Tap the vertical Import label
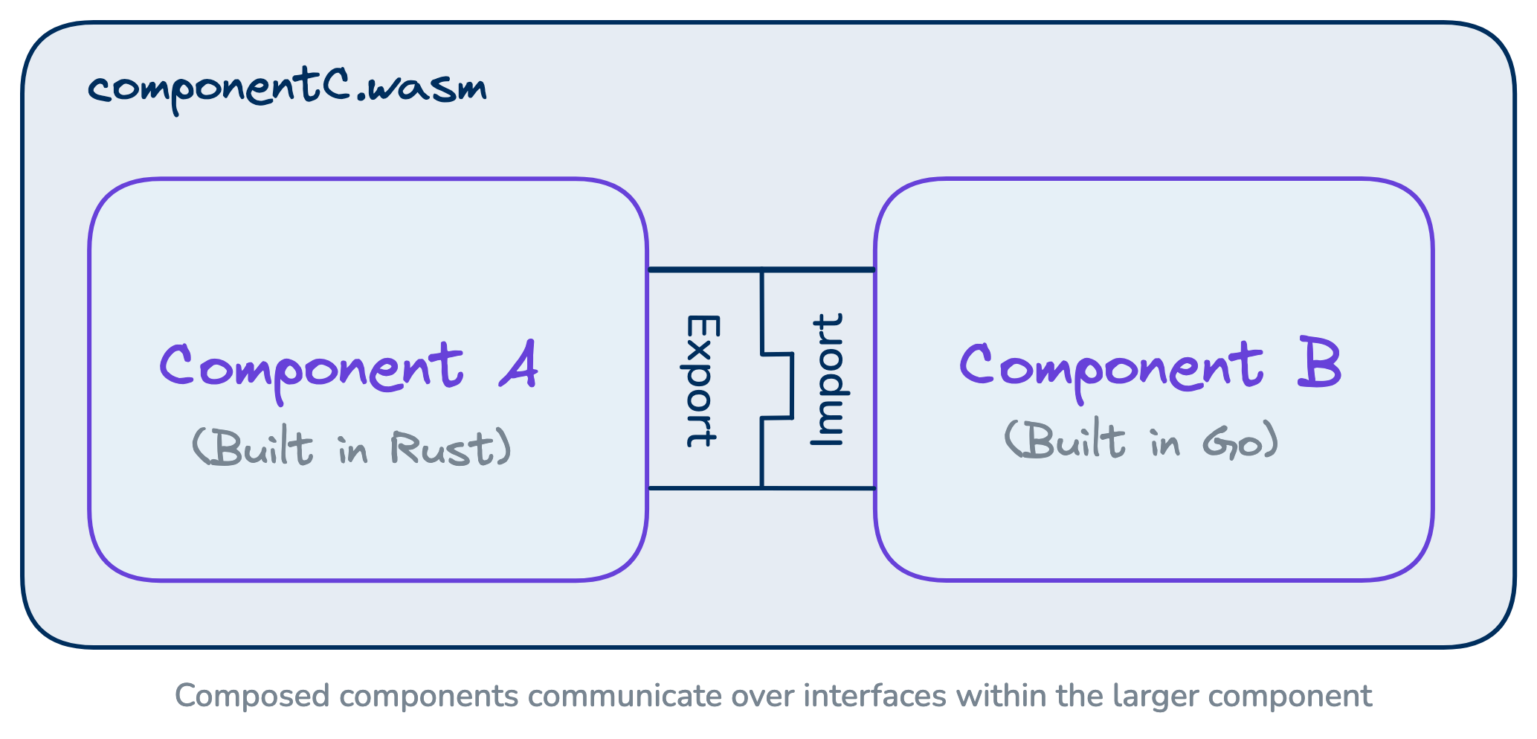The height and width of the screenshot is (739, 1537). (828, 380)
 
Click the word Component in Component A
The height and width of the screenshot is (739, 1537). (312, 368)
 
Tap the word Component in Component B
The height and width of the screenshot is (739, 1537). (1111, 366)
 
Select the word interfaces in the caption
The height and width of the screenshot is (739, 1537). (874, 697)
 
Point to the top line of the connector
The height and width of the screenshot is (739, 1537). (761, 269)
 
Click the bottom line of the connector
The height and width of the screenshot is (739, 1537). (761, 488)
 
